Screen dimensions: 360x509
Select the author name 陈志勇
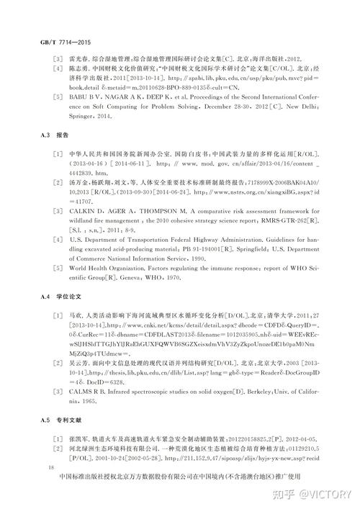click(78, 68)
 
